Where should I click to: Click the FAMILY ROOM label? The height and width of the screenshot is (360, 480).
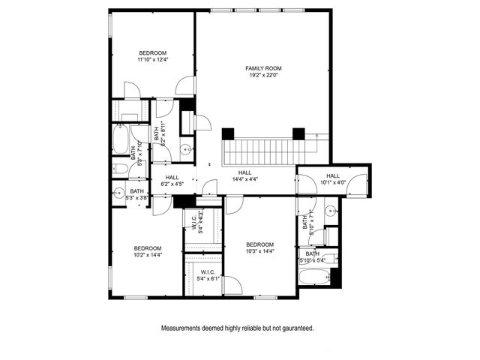coord(258,69)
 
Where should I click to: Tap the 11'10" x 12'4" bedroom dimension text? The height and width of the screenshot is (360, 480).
coord(152,59)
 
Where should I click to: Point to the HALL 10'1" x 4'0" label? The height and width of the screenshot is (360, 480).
coord(333,178)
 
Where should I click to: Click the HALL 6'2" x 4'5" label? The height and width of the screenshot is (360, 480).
coord(172,179)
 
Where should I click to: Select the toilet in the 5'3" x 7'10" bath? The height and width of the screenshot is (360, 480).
coord(121,169)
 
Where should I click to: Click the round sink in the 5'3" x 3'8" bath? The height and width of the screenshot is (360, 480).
coord(118,193)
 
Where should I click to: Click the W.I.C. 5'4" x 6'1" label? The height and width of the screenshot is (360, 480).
coord(208,275)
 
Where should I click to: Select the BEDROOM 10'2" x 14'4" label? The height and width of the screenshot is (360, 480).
coord(148,251)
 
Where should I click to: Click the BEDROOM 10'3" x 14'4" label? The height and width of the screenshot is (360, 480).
coord(259,248)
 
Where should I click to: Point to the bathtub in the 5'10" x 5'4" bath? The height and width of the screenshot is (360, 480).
coord(313,277)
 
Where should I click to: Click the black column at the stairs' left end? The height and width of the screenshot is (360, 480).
coord(228,133)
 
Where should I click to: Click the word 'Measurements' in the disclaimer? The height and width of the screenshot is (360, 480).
coord(182,328)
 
